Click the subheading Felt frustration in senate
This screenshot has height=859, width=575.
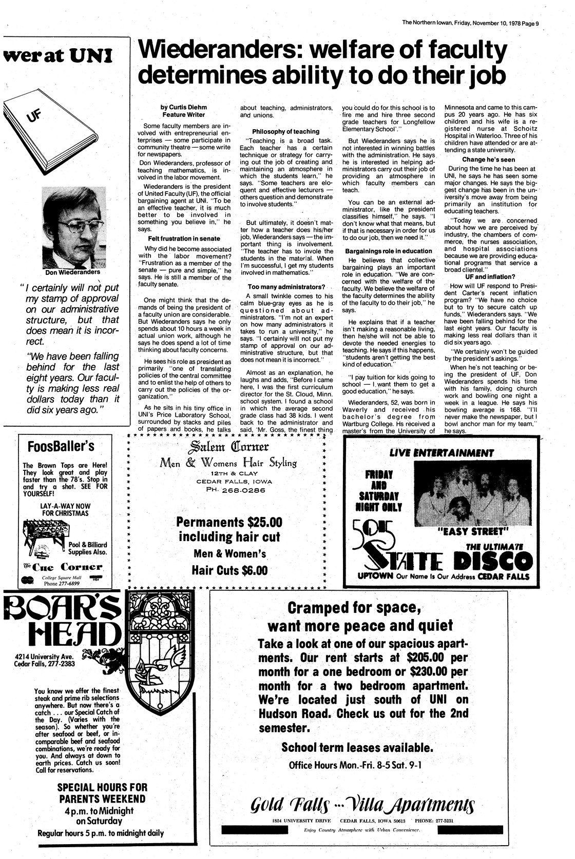(184, 238)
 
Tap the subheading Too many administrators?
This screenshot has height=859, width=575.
(286, 286)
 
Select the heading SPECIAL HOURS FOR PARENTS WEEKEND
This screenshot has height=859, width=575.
(102, 793)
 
